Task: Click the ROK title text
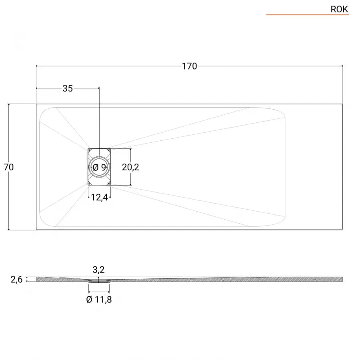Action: point(339,9)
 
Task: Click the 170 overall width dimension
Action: point(190,66)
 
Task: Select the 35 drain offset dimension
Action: point(68,88)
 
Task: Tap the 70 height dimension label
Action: point(9,167)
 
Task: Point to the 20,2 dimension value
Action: point(130,167)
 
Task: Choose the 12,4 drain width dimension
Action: point(100,197)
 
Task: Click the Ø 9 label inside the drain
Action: point(100,167)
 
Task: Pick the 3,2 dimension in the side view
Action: point(98,270)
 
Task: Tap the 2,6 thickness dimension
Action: point(16,280)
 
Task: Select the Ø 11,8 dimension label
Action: point(99,299)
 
